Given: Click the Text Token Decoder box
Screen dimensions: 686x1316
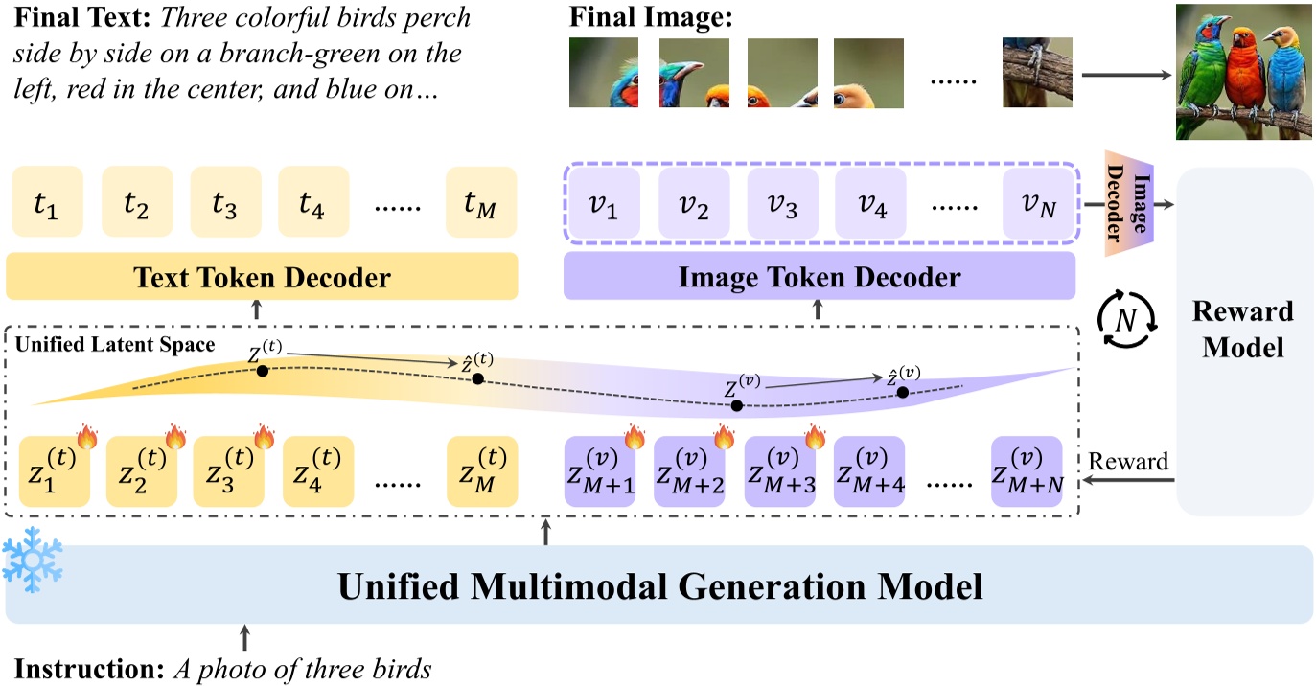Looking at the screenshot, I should [x=262, y=278].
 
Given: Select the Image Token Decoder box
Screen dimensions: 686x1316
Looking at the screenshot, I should [x=820, y=278].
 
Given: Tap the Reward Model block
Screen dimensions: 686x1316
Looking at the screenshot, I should [x=1242, y=329].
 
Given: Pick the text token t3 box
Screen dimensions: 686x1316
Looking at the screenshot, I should [x=225, y=201].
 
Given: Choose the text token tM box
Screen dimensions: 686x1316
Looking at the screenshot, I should [x=481, y=201].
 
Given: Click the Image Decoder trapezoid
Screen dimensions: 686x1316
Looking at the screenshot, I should [x=1126, y=203].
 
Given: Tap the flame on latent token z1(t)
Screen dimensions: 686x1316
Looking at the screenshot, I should [x=87, y=437].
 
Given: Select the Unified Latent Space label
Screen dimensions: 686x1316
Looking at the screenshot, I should [x=115, y=343].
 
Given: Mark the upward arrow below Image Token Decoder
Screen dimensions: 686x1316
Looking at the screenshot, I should [x=818, y=309].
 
